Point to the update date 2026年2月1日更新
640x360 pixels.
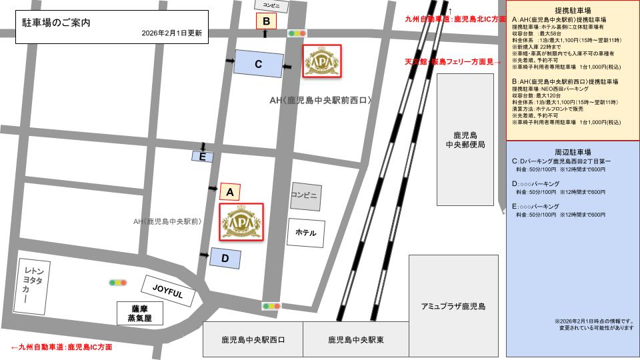pos(172,33)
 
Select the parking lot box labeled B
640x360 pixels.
pos(266,21)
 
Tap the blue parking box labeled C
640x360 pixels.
pos(258,65)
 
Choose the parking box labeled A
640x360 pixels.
pos(229,192)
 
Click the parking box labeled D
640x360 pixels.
pos(225,258)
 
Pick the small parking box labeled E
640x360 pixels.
pos(202,157)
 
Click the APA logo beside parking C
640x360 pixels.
pos(322,62)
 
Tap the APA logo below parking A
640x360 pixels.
pos(241,221)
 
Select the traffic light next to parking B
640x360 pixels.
pos(297,33)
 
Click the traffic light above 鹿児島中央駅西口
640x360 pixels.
pos(271,306)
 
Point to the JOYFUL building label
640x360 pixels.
pos(167,291)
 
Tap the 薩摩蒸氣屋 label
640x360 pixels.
pos(139,313)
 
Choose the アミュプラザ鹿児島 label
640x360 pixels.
pos(453,306)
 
